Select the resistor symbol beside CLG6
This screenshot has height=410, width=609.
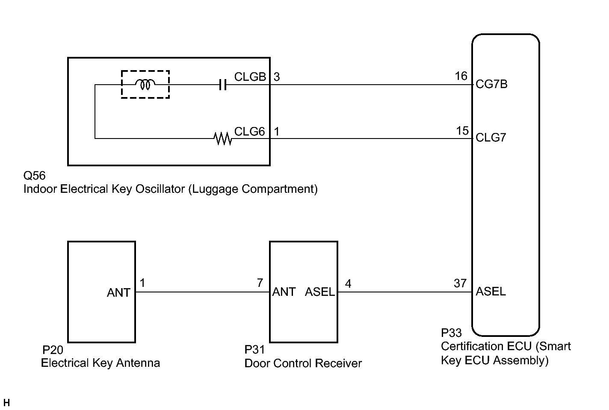tap(222, 139)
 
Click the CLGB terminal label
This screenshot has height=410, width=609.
tap(250, 77)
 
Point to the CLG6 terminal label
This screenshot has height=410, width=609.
tap(250, 131)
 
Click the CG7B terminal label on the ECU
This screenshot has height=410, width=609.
tap(492, 84)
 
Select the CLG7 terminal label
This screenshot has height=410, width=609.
tap(491, 138)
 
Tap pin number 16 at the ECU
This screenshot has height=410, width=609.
tap(461, 76)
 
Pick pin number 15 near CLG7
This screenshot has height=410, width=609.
tap(462, 131)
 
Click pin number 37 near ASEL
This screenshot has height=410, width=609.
tap(460, 283)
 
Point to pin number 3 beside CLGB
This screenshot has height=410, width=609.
tap(277, 77)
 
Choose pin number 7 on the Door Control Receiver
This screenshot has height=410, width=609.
tap(260, 283)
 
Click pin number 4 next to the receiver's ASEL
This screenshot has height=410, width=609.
tap(348, 284)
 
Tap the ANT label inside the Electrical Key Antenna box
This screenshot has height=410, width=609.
tap(118, 293)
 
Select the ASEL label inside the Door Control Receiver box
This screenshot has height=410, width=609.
tap(320, 292)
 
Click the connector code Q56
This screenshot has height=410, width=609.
tap(34, 176)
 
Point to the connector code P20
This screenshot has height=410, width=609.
tap(53, 350)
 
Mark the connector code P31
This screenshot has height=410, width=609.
tap(255, 350)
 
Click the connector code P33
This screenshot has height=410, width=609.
tap(451, 333)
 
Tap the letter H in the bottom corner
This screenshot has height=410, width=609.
tap(6, 403)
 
